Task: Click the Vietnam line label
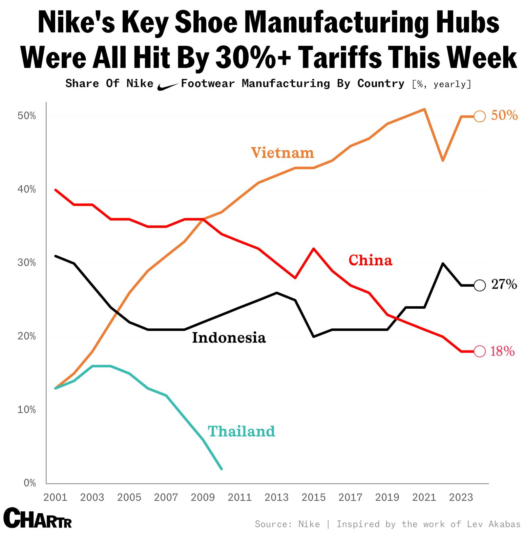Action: pyautogui.click(x=282, y=153)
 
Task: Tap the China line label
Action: pyautogui.click(x=370, y=260)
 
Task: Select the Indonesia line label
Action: pyautogui.click(x=229, y=338)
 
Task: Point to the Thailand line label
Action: pyautogui.click(x=241, y=431)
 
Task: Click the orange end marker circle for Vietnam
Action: pyautogui.click(x=480, y=116)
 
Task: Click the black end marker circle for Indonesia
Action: pyautogui.click(x=480, y=285)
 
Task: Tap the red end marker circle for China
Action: pyautogui.click(x=480, y=351)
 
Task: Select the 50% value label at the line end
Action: pyautogui.click(x=504, y=115)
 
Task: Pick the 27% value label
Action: pyautogui.click(x=504, y=284)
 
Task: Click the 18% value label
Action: pyautogui.click(x=502, y=351)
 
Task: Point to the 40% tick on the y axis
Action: pyautogui.click(x=27, y=190)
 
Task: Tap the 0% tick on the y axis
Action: pyautogui.click(x=30, y=483)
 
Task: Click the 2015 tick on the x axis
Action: pyautogui.click(x=313, y=497)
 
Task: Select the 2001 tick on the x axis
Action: pyautogui.click(x=55, y=497)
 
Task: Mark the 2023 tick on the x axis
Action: pyautogui.click(x=461, y=497)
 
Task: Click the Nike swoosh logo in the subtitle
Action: pyautogui.click(x=167, y=86)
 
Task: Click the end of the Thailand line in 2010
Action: pyautogui.click(x=221, y=469)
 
